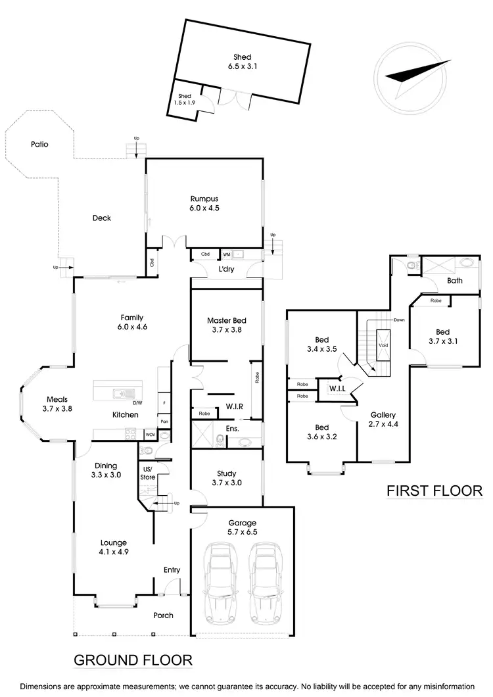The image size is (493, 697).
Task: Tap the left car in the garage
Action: (x=220, y=583)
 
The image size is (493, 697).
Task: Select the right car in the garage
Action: (x=265, y=583)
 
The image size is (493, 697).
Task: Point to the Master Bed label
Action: (x=225, y=320)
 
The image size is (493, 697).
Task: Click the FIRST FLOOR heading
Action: (x=434, y=491)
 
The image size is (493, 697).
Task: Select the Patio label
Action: (x=40, y=143)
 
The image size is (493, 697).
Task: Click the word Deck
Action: (x=101, y=218)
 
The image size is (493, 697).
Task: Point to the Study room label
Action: (x=226, y=473)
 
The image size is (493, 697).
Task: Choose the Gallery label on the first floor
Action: (x=383, y=415)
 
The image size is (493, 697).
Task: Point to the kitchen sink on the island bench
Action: (x=122, y=394)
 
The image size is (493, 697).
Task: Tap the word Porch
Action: (x=163, y=615)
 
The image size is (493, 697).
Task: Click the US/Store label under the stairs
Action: (x=147, y=472)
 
